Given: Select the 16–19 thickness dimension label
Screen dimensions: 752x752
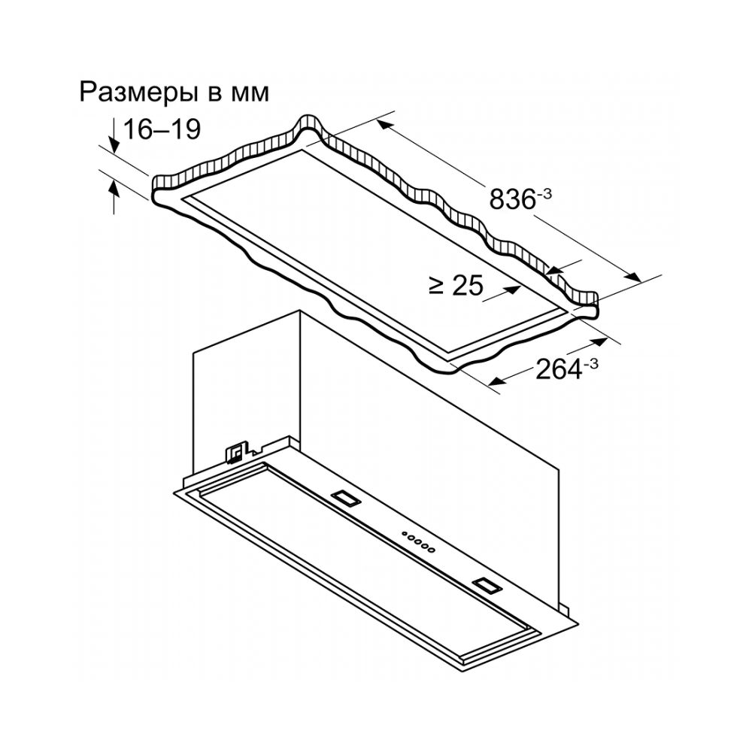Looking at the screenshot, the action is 162,129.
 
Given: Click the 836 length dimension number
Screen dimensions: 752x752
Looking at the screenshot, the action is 512,199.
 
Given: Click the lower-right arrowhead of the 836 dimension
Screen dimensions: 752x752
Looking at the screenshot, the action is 633,277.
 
